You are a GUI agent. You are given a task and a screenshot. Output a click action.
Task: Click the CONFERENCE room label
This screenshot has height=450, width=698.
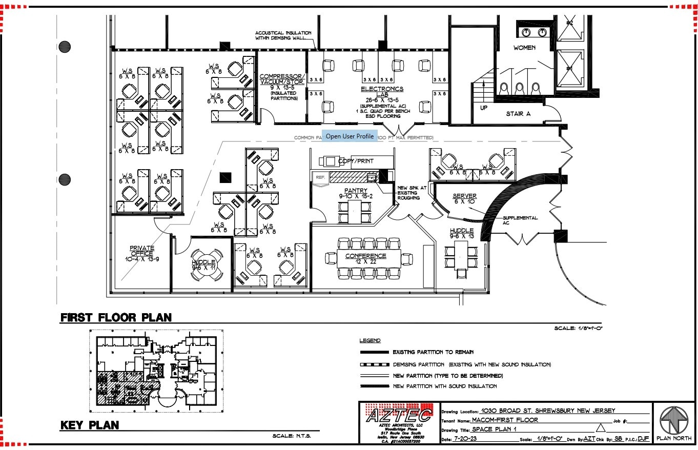pos(365,256)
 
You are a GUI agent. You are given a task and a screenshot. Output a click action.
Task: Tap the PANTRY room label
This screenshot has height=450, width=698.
pos(356,191)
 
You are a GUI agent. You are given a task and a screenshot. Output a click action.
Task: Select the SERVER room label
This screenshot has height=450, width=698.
pos(464,196)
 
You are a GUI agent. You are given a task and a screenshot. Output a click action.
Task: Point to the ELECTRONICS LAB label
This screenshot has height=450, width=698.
pos(382,89)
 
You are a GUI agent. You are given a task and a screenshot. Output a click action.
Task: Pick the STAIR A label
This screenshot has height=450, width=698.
pos(518,113)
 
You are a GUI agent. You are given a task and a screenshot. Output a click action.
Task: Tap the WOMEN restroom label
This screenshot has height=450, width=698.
pos(524,48)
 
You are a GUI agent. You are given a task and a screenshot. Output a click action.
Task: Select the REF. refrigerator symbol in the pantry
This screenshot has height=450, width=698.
pos(320,177)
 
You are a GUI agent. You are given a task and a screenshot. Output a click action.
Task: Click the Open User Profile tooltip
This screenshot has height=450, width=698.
pos(350,136)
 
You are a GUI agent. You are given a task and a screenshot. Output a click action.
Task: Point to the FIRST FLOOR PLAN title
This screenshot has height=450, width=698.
pos(116,317)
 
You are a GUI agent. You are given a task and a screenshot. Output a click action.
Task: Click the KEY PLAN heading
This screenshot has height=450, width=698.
pos(90,425)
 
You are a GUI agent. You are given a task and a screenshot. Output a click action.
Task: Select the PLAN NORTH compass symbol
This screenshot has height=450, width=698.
pos(673,420)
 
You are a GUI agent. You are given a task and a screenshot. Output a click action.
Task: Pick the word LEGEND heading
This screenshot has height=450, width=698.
pos(370,341)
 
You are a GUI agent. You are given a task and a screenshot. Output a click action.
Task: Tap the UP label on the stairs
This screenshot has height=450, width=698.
pos(483,108)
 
